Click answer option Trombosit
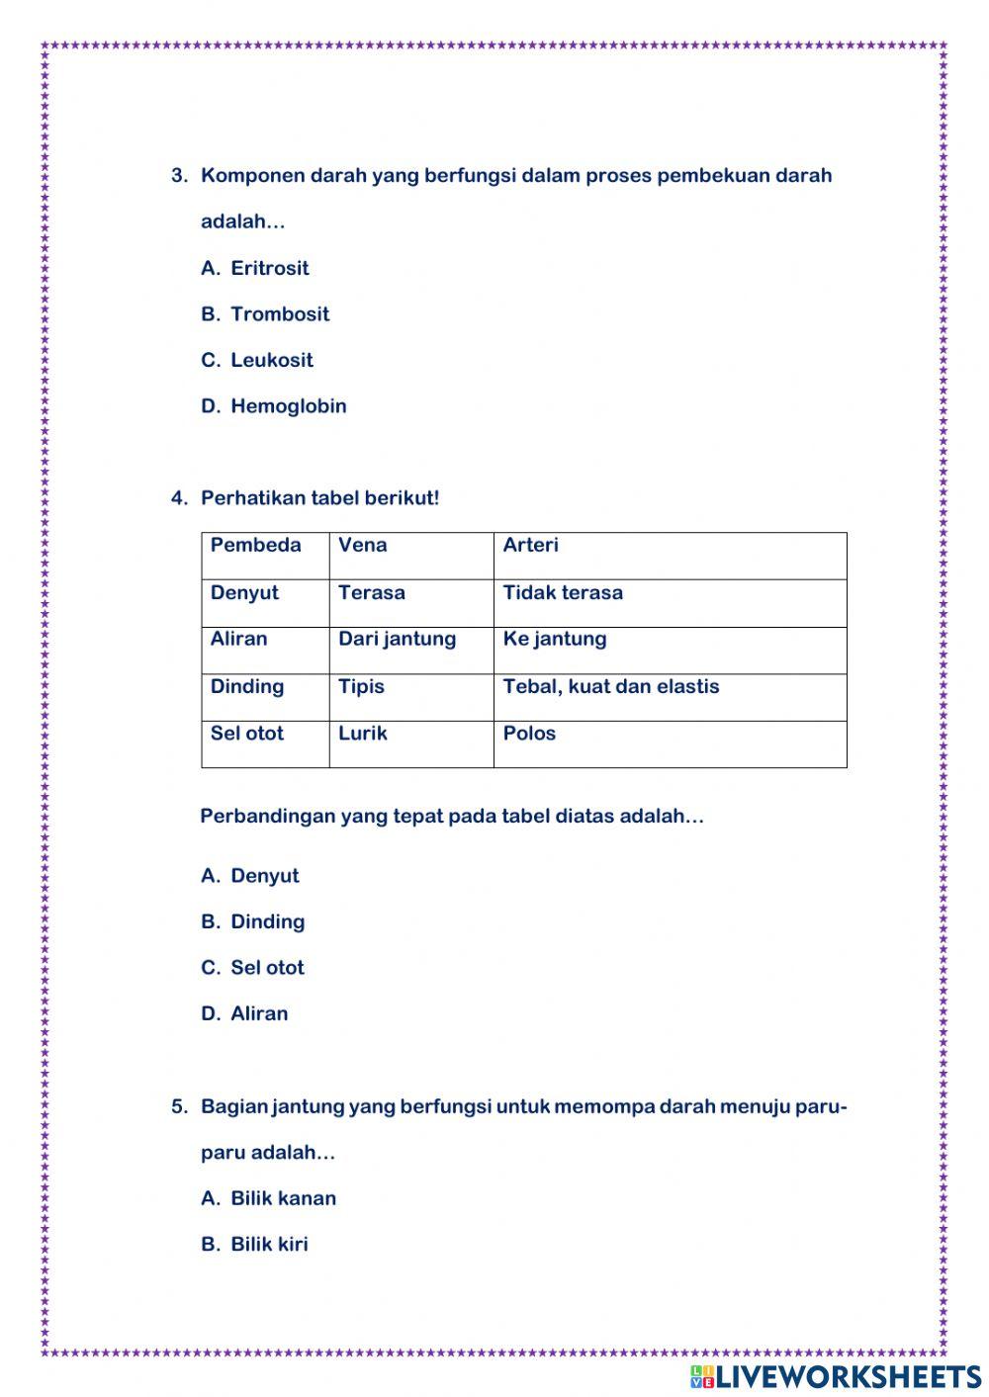[x=279, y=314]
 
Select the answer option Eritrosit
[x=269, y=268]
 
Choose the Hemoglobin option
[x=288, y=406]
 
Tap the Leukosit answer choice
[x=271, y=360]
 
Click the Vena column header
[x=363, y=545]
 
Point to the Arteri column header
[x=530, y=545]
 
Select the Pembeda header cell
[x=255, y=545]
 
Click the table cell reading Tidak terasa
[x=563, y=592]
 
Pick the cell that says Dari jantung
[x=397, y=639]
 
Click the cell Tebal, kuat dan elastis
[x=610, y=686]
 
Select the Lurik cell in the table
[x=362, y=734]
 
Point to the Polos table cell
[x=529, y=734]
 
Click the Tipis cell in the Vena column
[x=361, y=686]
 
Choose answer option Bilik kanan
[x=283, y=1198]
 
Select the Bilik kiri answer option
[x=269, y=1245]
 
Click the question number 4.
[x=178, y=498]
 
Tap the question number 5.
[x=178, y=1106]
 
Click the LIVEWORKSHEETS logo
[x=836, y=1376]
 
